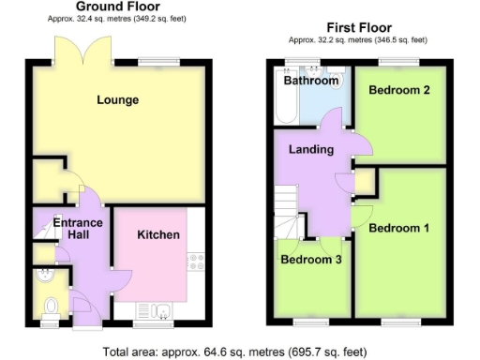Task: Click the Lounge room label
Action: pyautogui.click(x=117, y=99)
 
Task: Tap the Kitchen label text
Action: pyautogui.click(x=158, y=234)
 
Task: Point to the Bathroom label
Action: pyautogui.click(x=310, y=82)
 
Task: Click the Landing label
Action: pyautogui.click(x=310, y=150)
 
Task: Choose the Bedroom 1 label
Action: pyautogui.click(x=398, y=228)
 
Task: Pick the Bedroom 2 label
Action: pyautogui.click(x=398, y=91)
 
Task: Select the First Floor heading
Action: pyautogui.click(x=358, y=27)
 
